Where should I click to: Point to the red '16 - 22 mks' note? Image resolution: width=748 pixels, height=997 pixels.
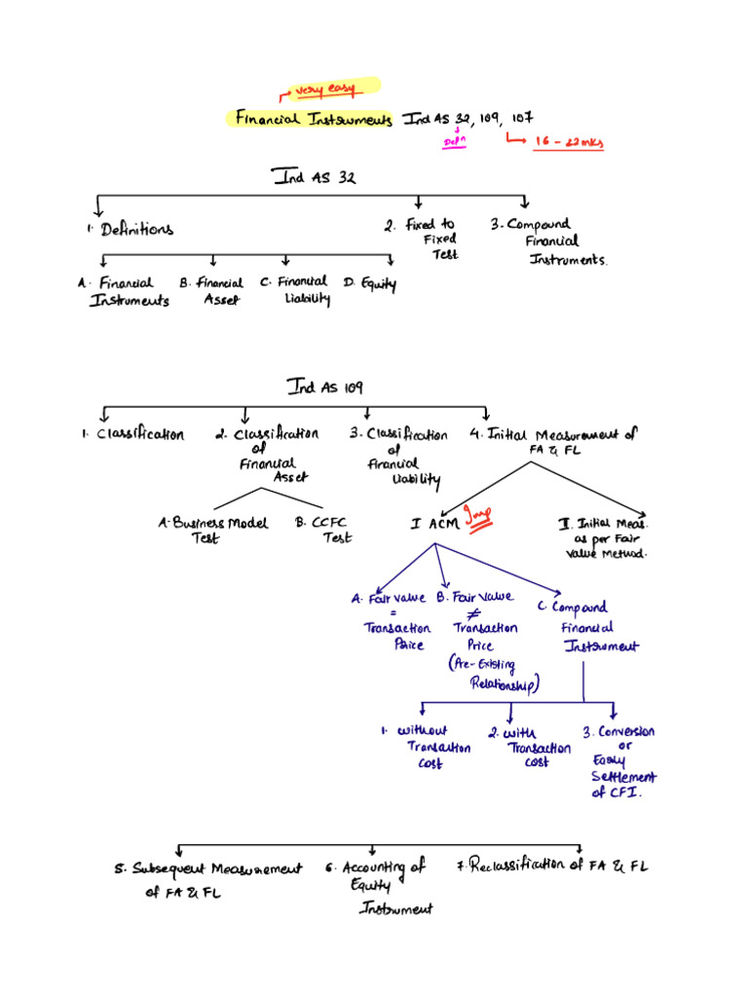click(569, 142)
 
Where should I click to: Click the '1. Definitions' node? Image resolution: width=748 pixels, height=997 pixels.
click(130, 229)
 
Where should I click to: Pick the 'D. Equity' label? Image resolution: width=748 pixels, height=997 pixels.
click(369, 283)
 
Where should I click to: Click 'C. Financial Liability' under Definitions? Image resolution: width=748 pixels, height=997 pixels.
click(295, 290)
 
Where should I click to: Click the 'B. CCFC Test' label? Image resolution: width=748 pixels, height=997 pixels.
click(323, 529)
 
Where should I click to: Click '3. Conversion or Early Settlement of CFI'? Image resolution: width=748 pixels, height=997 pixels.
click(621, 761)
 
